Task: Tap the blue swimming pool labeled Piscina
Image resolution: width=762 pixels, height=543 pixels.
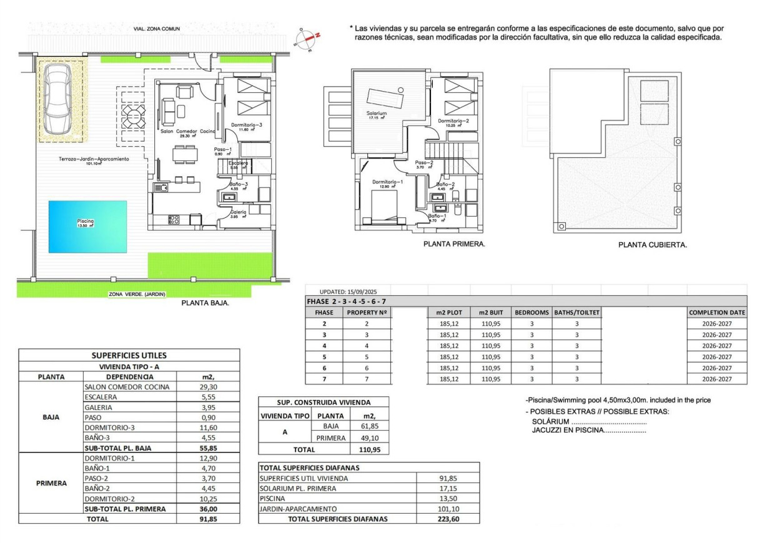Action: pos(87,226)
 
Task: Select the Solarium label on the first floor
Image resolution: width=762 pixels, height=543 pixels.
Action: pos(377,114)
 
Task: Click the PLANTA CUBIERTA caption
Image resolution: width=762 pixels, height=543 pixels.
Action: pos(652,245)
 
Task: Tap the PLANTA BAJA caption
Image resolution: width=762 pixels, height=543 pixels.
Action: pos(205,303)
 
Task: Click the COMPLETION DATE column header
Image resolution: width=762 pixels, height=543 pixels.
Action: pos(716,312)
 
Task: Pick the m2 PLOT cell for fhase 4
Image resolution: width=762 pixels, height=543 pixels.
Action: pos(449,346)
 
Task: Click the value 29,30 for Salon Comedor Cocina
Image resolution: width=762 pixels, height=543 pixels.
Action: pos(209,387)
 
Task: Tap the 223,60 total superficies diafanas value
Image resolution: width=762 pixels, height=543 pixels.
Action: pos(448,519)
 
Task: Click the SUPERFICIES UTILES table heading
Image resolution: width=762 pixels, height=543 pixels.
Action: pos(129,355)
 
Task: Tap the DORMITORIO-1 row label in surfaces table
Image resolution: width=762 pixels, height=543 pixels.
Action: pos(108,458)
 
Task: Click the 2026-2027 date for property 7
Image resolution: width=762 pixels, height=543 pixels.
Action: pos(716,379)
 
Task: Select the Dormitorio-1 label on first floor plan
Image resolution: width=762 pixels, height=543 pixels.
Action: pos(387,182)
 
